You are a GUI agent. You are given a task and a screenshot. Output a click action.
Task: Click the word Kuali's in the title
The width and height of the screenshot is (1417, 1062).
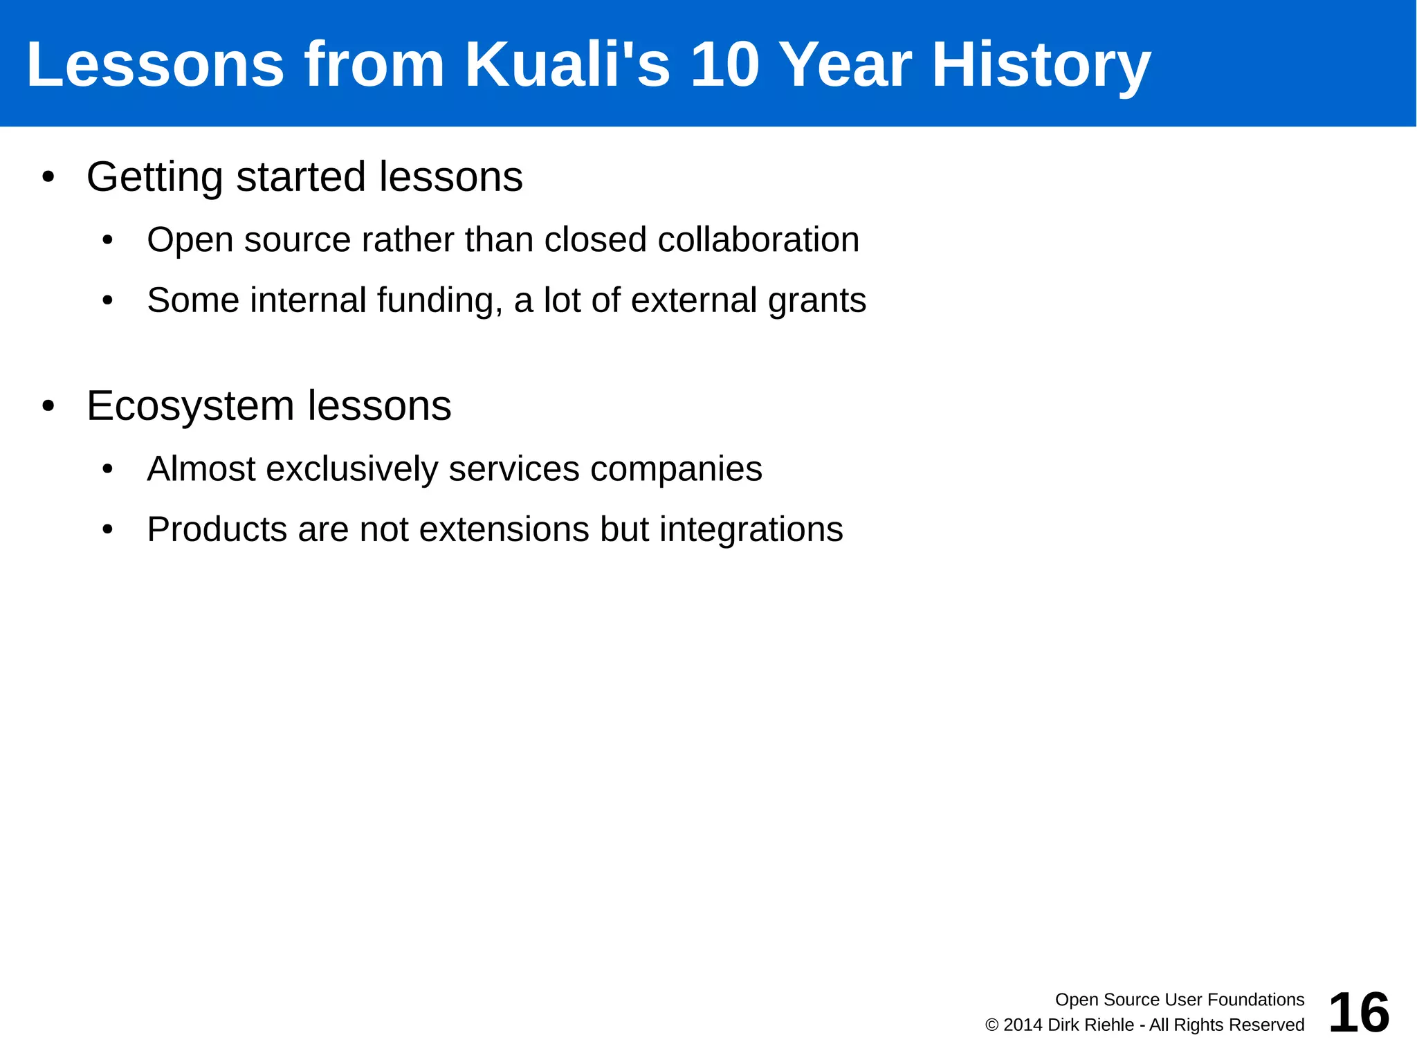coord(567,64)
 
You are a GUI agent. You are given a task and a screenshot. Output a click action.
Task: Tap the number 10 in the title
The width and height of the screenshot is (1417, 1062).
coord(725,64)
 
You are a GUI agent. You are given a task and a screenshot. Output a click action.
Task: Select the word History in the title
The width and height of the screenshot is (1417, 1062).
coord(1041,64)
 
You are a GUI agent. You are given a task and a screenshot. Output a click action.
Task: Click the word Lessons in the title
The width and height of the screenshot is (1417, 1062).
coord(155,64)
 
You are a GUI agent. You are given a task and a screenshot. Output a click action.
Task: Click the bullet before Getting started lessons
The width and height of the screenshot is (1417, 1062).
coord(48,177)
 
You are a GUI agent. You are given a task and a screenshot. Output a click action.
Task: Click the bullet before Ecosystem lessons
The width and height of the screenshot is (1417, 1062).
coord(48,406)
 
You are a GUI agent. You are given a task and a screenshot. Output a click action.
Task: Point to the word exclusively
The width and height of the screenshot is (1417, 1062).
coord(352,469)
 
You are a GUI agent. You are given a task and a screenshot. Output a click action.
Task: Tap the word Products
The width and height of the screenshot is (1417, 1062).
coord(217,530)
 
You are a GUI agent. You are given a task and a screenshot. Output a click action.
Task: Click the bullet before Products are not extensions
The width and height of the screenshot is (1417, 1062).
coord(107,530)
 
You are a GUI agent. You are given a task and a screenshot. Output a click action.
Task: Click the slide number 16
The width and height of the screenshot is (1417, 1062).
coord(1358,1012)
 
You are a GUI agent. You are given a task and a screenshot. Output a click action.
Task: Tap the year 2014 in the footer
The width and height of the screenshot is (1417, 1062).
coord(1023,1025)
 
